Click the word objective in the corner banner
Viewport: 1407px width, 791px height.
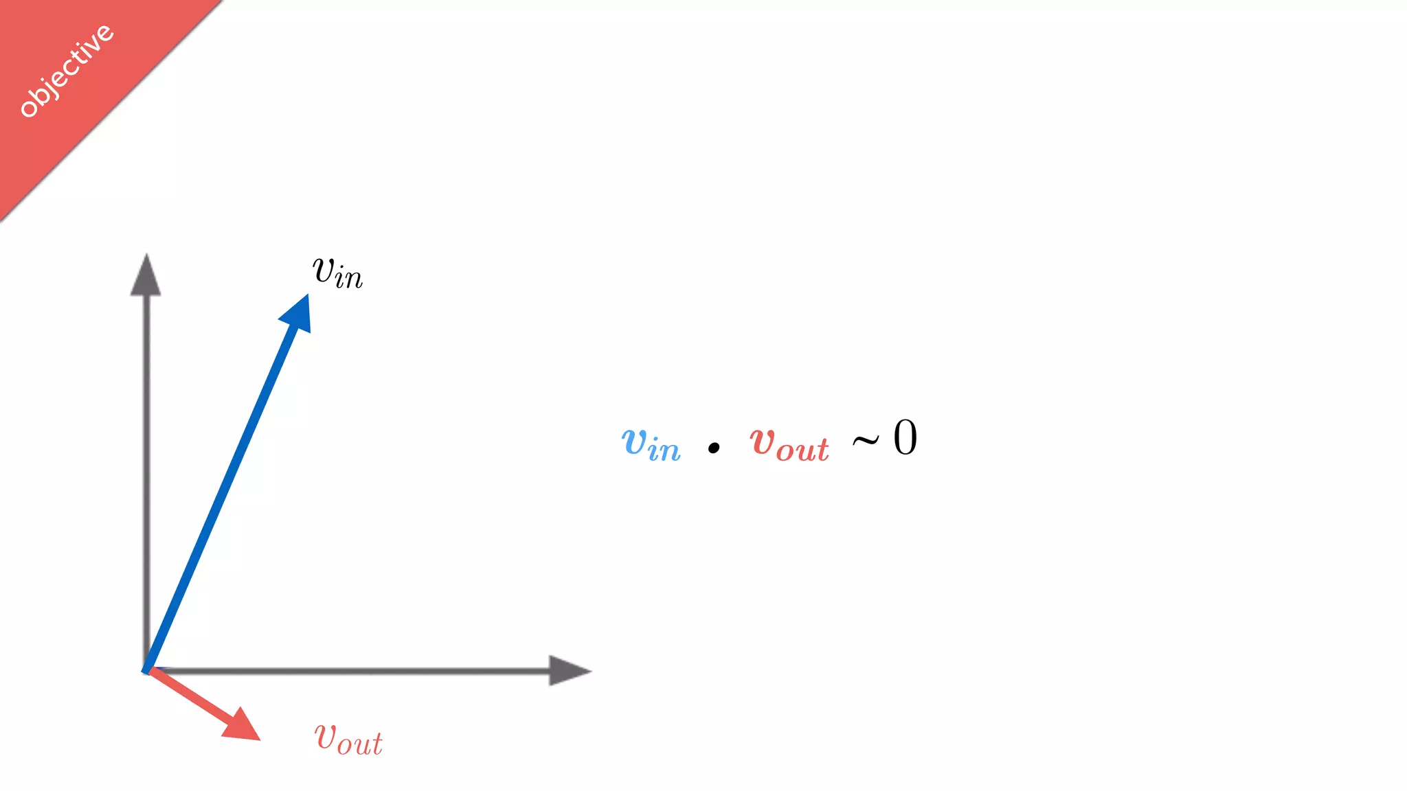[x=67, y=71]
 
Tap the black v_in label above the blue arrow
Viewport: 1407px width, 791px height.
[x=337, y=272]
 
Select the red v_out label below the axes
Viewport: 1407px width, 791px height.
[x=348, y=740]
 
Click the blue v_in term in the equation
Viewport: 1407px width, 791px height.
[x=651, y=444]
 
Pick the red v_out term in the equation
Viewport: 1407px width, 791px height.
[x=789, y=444]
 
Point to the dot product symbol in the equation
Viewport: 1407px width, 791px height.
[x=714, y=448]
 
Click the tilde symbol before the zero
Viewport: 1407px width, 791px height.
[x=866, y=441]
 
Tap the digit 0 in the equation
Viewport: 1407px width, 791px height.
[x=905, y=438]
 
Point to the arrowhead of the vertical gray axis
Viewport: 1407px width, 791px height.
[x=146, y=276]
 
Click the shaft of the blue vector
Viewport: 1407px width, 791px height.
[x=220, y=494]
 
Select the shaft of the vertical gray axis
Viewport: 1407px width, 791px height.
[x=146, y=481]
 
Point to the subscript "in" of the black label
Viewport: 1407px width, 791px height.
[x=349, y=279]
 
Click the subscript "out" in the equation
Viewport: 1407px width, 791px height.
[x=802, y=450]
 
